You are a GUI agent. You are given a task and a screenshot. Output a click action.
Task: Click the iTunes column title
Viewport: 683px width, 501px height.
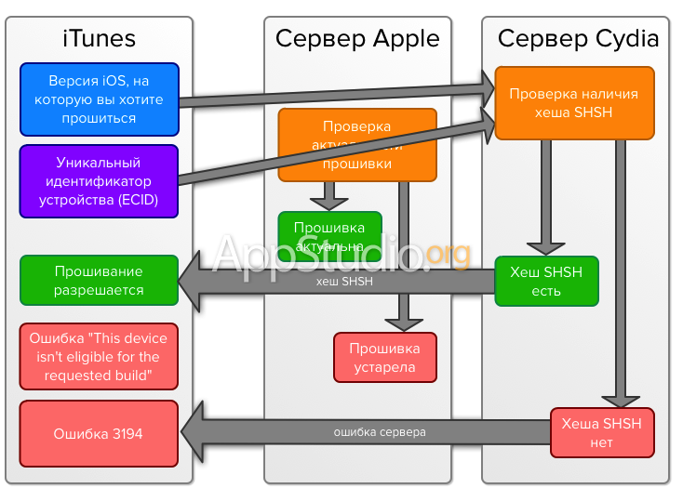click(100, 38)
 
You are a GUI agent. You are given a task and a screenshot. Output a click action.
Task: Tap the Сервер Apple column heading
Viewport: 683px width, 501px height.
click(357, 38)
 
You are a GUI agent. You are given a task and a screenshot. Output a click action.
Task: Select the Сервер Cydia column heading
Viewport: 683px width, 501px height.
click(577, 38)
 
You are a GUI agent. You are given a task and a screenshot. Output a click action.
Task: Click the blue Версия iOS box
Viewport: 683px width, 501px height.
click(99, 99)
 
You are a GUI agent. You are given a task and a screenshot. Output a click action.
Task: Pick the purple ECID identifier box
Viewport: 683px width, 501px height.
click(99, 181)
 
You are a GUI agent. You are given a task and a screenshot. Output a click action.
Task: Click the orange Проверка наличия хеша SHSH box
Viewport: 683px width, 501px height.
click(573, 103)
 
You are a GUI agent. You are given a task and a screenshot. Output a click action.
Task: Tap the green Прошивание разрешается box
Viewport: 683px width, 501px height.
click(99, 281)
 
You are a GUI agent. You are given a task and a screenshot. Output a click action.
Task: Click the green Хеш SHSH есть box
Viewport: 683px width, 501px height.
click(546, 281)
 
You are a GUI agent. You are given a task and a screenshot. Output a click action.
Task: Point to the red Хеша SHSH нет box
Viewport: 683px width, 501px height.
click(601, 432)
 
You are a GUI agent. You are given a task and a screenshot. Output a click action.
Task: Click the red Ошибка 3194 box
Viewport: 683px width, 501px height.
click(99, 433)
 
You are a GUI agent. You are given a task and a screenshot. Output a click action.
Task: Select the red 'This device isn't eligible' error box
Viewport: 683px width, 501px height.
click(99, 357)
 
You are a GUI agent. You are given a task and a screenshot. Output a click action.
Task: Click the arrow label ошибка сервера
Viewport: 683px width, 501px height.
click(380, 432)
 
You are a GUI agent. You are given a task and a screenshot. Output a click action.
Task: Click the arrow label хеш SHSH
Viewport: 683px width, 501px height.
click(344, 280)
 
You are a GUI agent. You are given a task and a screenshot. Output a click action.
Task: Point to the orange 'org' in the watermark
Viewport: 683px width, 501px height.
click(450, 252)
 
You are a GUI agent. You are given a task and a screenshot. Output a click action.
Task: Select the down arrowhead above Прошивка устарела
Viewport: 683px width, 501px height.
click(404, 322)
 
